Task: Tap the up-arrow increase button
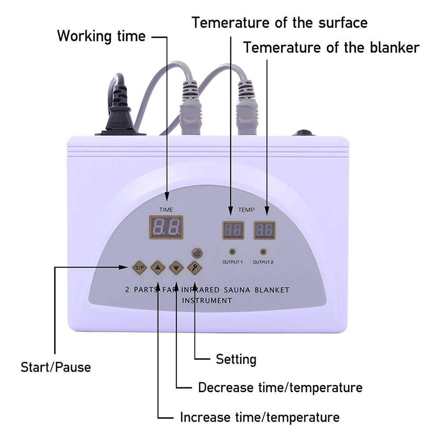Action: pyautogui.click(x=157, y=267)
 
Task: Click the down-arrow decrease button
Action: pyautogui.click(x=176, y=267)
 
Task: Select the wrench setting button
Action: pyautogui.click(x=194, y=267)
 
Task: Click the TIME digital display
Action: pyautogui.click(x=166, y=228)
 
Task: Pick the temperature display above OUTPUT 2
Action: pyautogui.click(x=265, y=229)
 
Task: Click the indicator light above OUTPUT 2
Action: pyautogui.click(x=263, y=252)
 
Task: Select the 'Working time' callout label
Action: pyautogui.click(x=101, y=36)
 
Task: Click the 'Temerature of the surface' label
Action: pyautogui.click(x=279, y=22)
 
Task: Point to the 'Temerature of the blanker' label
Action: pyautogui.click(x=331, y=47)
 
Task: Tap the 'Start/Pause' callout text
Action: pyautogui.click(x=56, y=366)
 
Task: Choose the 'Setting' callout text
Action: pyautogui.click(x=235, y=359)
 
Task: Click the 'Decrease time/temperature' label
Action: pyautogui.click(x=280, y=388)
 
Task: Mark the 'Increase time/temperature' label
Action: pyautogui.click(x=260, y=417)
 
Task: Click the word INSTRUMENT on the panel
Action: pyautogui.click(x=207, y=301)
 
